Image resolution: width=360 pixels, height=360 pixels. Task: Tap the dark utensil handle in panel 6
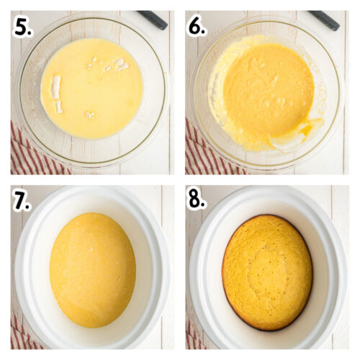325,19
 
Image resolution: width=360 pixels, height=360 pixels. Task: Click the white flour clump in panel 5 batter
56,90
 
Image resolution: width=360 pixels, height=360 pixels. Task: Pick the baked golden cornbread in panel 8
267,272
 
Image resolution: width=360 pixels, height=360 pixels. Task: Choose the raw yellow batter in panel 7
92,270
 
